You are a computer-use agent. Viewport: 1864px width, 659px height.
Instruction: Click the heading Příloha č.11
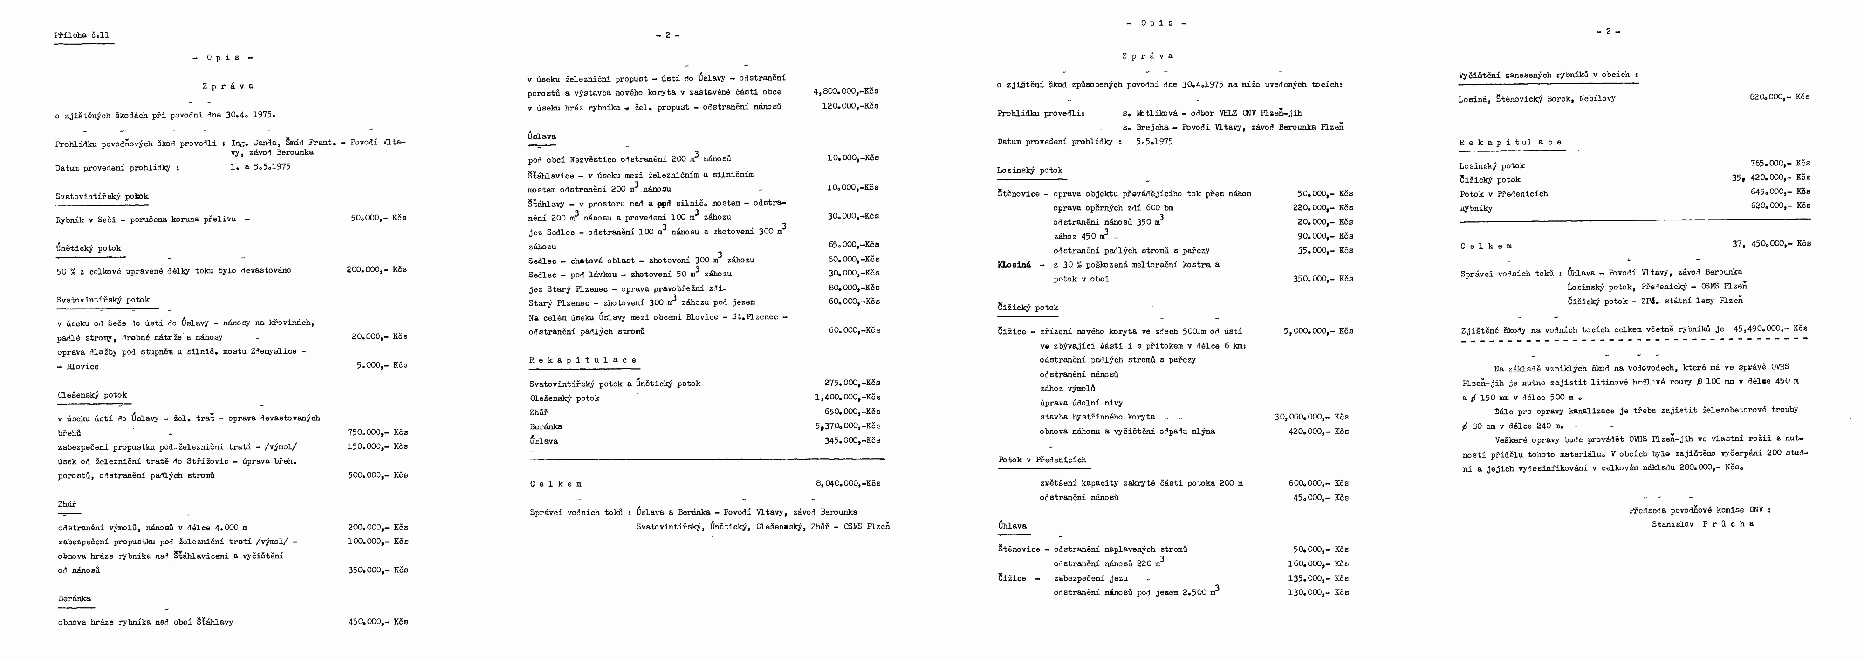(82, 35)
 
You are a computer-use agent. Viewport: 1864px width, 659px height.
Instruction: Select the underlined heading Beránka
(75, 599)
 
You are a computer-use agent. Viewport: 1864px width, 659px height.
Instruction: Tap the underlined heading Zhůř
(67, 504)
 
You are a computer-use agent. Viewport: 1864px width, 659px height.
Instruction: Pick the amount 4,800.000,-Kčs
(846, 92)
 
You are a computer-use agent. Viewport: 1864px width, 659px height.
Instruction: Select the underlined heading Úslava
(542, 136)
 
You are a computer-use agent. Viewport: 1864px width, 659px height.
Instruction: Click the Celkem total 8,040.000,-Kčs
(847, 483)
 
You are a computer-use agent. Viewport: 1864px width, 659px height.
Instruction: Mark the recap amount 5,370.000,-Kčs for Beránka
(847, 426)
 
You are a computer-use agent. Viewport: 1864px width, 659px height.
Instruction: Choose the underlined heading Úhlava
(1012, 526)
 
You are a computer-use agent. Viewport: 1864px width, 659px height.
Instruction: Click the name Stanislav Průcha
(1703, 524)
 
